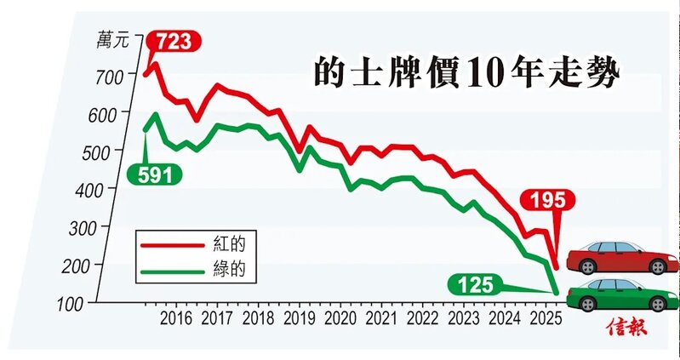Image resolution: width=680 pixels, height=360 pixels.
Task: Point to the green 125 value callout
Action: [x=473, y=284]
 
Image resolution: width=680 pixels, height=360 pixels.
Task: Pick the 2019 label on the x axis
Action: [x=299, y=319]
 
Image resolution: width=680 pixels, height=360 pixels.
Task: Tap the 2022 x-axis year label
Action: [x=421, y=319]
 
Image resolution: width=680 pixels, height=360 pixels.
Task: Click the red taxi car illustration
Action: [x=621, y=256]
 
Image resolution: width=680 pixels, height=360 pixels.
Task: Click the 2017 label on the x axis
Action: [x=217, y=319]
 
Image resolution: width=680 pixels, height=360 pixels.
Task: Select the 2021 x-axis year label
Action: [x=380, y=319]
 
